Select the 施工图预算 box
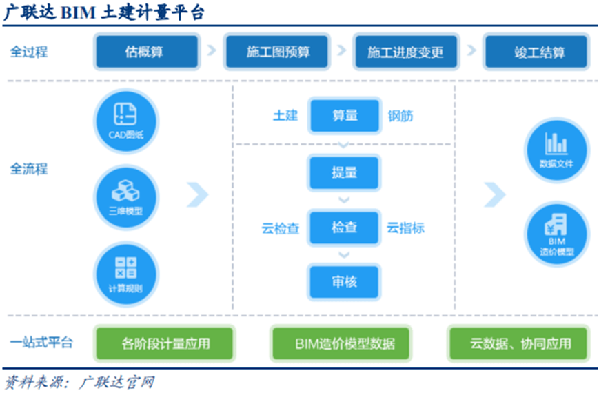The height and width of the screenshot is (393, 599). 278,52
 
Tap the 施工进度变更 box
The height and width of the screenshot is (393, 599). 405,52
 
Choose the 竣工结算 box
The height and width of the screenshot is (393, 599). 535,52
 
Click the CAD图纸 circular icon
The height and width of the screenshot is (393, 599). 125,120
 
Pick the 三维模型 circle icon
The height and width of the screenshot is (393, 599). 125,196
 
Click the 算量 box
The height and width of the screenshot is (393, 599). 344,116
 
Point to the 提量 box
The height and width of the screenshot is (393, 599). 344,172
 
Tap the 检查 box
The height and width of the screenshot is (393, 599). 344,228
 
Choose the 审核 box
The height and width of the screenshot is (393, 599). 344,282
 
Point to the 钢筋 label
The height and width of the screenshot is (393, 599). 400,116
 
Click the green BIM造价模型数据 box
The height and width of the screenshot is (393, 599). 344,343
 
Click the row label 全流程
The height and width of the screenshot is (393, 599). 29,169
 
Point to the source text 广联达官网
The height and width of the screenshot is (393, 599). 117,381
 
